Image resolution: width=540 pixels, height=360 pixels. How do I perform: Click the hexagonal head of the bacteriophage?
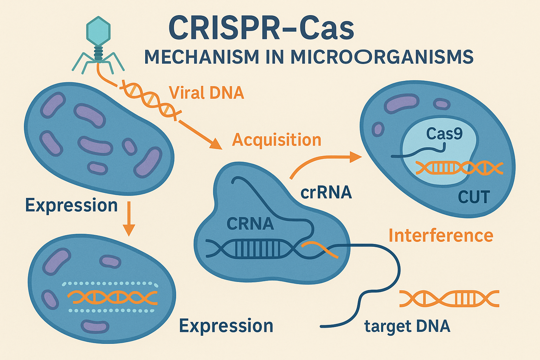pyautogui.click(x=98, y=31)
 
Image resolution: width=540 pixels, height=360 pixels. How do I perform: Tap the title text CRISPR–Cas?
pyautogui.click(x=261, y=28)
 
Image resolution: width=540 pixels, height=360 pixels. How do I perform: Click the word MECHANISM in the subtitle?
pyautogui.click(x=201, y=57)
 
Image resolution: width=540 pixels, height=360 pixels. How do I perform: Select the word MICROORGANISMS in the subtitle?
pyautogui.click(x=382, y=57)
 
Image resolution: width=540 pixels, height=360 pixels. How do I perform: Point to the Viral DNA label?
pyautogui.click(x=206, y=93)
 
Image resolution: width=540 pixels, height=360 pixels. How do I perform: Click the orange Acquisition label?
pyautogui.click(x=277, y=140)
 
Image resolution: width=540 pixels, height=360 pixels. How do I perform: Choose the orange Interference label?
pyautogui.click(x=441, y=236)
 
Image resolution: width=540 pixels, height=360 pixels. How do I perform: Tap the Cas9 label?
pyautogui.click(x=444, y=134)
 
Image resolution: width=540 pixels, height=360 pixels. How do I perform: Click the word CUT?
pyautogui.click(x=474, y=197)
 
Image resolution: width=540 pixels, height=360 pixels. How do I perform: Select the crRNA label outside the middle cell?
pyautogui.click(x=326, y=192)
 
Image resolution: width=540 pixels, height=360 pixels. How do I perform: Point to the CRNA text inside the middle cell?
pyautogui.click(x=250, y=224)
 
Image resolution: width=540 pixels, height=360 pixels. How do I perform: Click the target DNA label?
pyautogui.click(x=407, y=326)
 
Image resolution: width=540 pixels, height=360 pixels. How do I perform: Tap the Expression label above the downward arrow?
pyautogui.click(x=71, y=205)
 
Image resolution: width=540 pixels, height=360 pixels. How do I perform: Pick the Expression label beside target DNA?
pyautogui.click(x=226, y=326)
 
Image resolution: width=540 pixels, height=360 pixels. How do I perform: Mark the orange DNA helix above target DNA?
pyautogui.click(x=449, y=299)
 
